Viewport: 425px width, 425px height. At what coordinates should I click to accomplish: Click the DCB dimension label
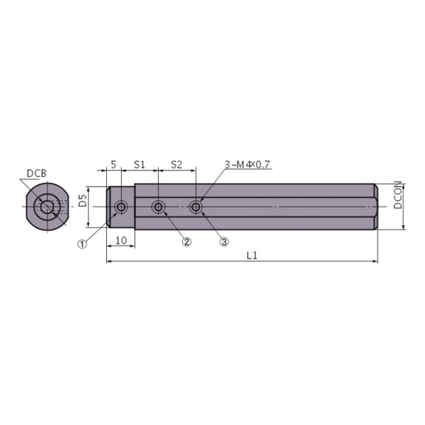(x=36, y=173)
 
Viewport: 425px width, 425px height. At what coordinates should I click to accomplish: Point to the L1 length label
(x=251, y=255)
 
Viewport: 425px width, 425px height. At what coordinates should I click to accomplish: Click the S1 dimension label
(x=138, y=165)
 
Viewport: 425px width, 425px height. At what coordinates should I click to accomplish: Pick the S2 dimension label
(x=176, y=165)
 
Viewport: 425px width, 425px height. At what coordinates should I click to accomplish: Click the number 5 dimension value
(x=113, y=165)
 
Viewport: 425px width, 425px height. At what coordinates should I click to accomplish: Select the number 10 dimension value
(x=120, y=240)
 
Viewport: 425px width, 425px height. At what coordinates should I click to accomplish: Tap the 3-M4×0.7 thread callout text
(x=249, y=164)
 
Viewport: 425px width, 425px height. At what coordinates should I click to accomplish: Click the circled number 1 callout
(x=83, y=243)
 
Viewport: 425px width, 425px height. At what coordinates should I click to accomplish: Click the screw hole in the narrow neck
(x=120, y=207)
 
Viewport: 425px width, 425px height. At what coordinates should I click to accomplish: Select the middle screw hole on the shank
(x=158, y=207)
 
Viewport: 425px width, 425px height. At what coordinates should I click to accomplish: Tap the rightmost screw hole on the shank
(x=196, y=207)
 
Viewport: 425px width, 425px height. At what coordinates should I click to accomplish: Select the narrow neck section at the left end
(x=121, y=207)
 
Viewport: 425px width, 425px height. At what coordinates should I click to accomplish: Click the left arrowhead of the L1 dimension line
(x=109, y=261)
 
